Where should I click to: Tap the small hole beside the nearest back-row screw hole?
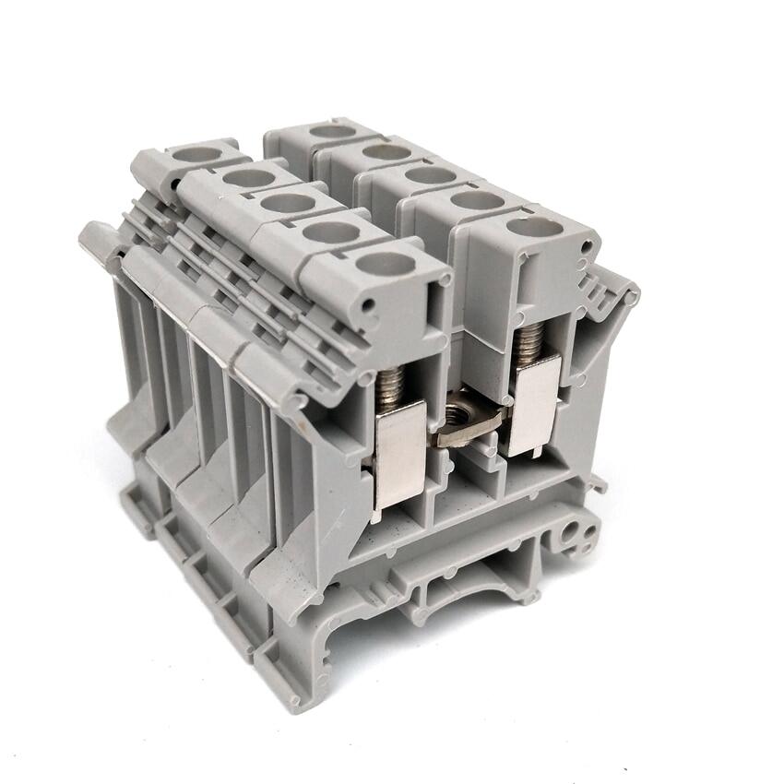click(x=587, y=245)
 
